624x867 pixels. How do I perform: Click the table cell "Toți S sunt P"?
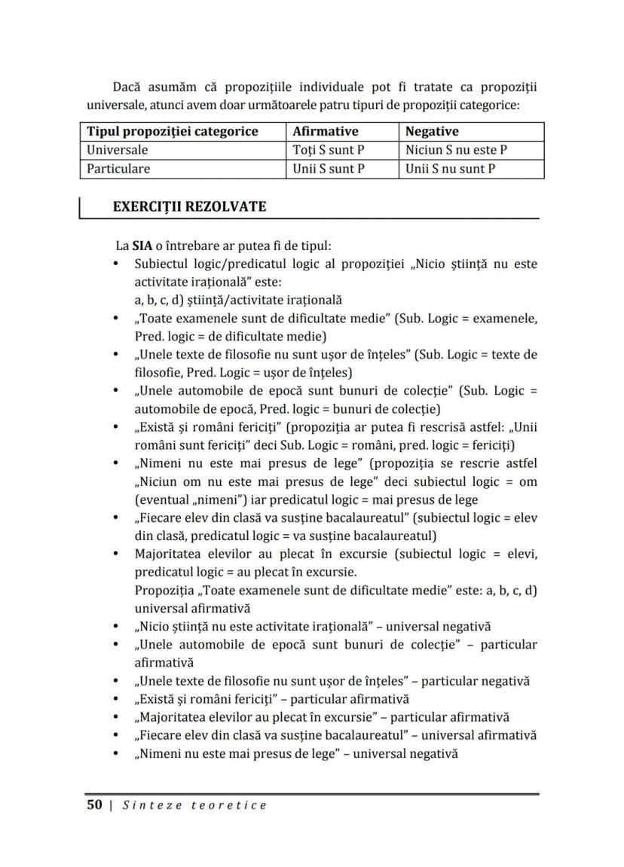(x=328, y=150)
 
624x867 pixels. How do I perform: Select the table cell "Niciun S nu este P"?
(x=456, y=150)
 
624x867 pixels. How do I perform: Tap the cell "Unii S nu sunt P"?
(x=450, y=169)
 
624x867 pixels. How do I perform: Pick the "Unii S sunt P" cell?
(x=328, y=169)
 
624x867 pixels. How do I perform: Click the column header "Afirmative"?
(x=325, y=131)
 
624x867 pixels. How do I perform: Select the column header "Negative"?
(x=432, y=131)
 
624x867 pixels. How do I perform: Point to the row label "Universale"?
(x=118, y=150)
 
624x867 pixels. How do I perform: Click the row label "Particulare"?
(x=118, y=169)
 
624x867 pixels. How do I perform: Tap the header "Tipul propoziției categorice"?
(x=173, y=131)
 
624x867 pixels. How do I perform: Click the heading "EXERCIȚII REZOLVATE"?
(x=188, y=206)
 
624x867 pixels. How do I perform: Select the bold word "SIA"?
(x=142, y=246)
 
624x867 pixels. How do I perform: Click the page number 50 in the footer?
(x=94, y=805)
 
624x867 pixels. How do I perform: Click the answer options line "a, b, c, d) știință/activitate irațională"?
(x=238, y=300)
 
